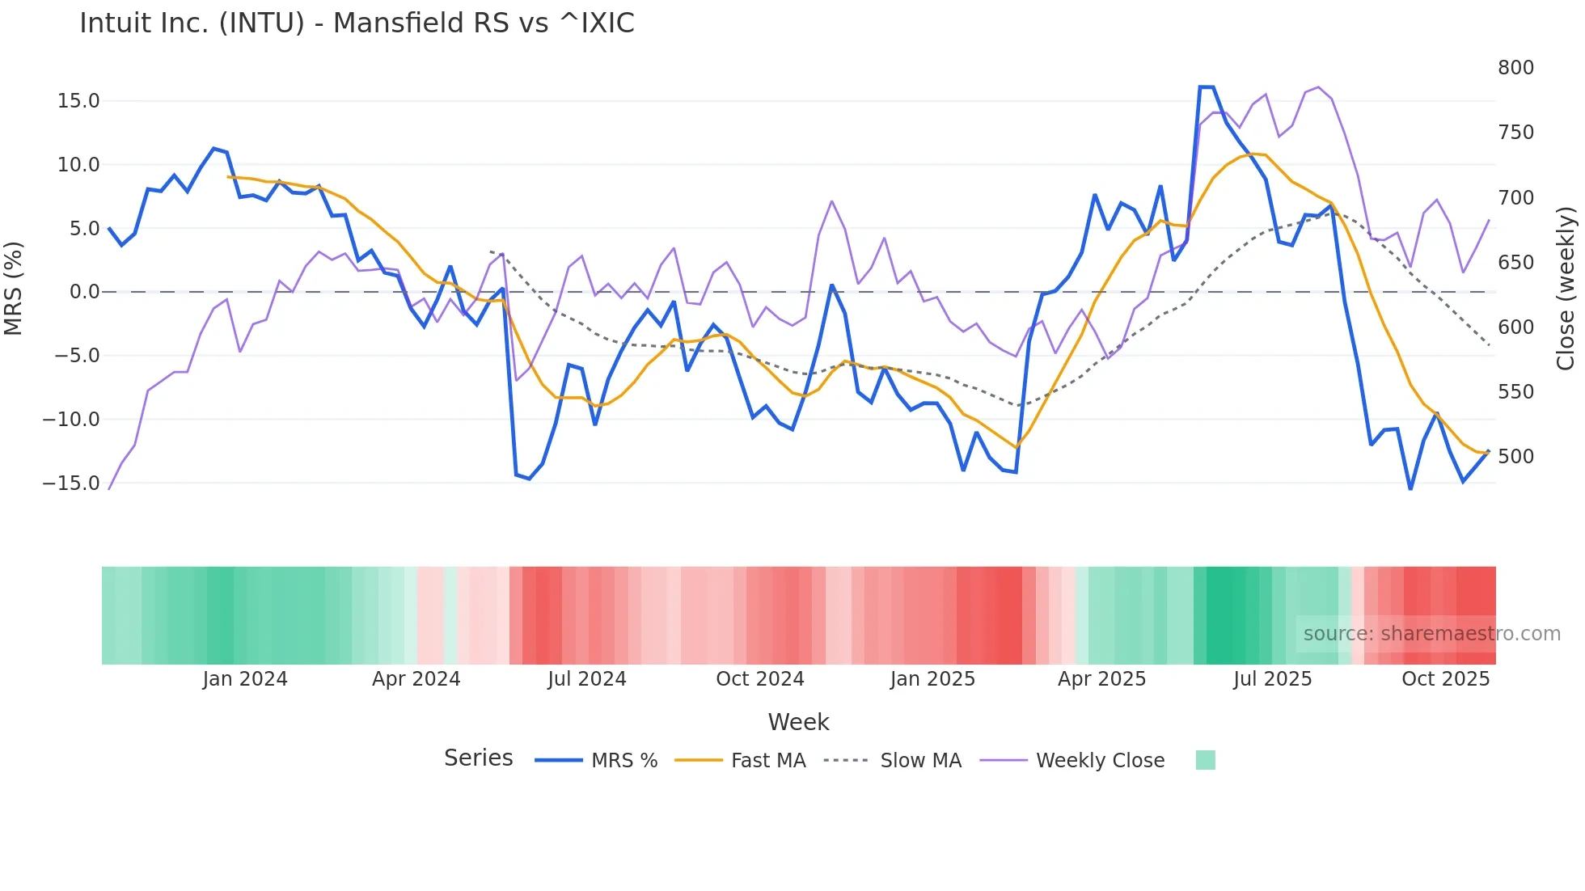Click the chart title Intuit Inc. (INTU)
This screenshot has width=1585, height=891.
357,23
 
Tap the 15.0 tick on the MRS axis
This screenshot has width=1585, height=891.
78,101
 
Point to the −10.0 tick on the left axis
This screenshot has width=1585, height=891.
72,420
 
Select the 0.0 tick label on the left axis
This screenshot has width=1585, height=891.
84,292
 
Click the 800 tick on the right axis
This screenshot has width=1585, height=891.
1515,68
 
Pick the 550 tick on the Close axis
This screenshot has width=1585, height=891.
1515,392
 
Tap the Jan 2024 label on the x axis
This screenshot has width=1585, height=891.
245,679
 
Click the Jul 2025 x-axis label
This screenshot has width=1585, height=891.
1272,679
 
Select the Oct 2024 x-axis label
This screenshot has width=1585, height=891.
760,679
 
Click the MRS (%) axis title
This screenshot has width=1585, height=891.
14,288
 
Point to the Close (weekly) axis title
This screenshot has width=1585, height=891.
1566,288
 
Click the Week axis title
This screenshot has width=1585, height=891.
798,722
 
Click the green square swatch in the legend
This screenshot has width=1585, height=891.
1205,761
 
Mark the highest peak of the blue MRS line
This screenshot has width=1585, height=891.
1206,87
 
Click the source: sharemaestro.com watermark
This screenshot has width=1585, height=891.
1431,634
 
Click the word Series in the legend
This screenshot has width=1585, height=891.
478,758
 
